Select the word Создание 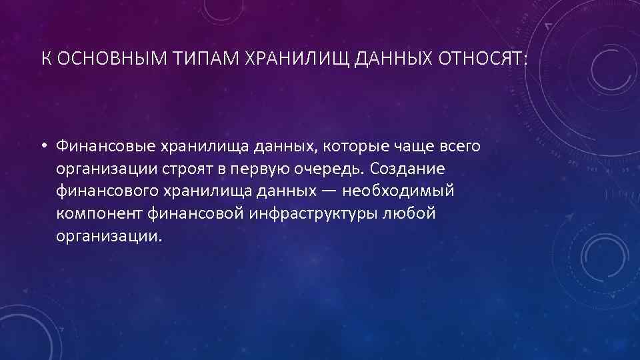click(x=405, y=168)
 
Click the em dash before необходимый click(x=333, y=191)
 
